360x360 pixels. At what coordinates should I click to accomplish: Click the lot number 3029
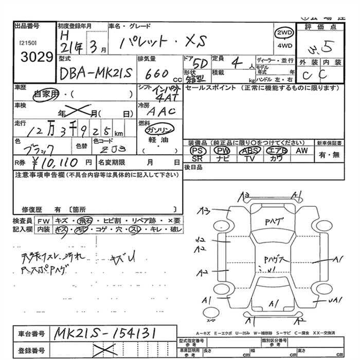34,56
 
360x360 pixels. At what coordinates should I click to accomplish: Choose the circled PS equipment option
196,151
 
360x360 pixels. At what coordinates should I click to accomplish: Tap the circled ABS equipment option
250,151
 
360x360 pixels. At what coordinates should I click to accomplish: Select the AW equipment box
301,151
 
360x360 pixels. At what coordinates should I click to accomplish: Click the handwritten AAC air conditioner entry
160,111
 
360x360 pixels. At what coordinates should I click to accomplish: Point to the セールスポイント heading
206,88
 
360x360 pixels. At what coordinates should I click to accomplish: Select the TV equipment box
250,159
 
